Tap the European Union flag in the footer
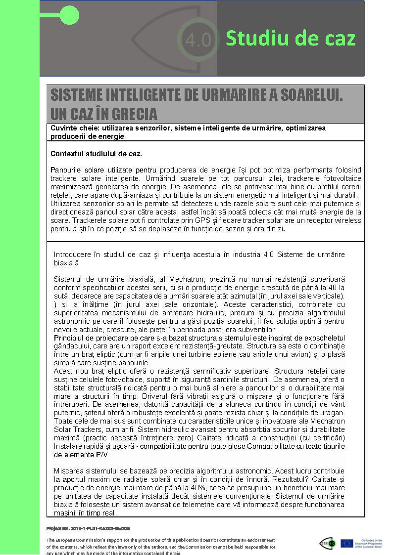click(346, 543)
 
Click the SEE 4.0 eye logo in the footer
click(327, 543)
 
